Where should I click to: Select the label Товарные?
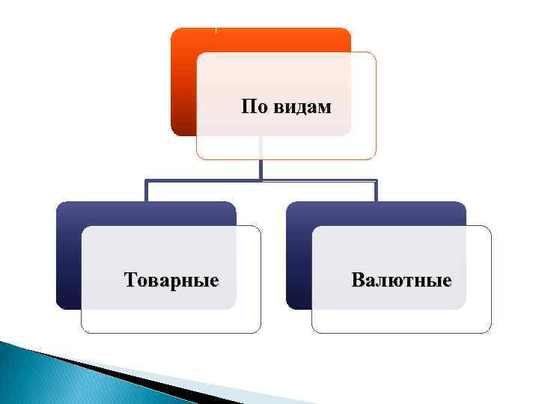(171, 281)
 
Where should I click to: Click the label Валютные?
(401, 281)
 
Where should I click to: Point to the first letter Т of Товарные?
(130, 281)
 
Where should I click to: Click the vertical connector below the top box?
(261, 168)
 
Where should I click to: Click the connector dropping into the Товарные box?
(147, 191)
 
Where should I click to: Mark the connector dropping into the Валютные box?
(376, 191)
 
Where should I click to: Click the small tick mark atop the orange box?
(216, 30)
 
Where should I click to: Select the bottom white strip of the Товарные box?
(171, 321)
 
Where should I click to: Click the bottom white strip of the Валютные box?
(401, 321)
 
